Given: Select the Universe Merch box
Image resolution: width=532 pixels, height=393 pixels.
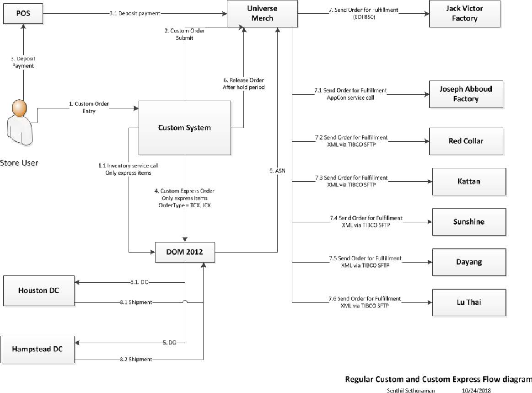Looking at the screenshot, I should pyautogui.click(x=262, y=14).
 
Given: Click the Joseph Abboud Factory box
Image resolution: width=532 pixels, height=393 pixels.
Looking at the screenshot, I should pyautogui.click(x=466, y=94).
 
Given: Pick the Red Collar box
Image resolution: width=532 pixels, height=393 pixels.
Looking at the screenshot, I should pyautogui.click(x=466, y=141).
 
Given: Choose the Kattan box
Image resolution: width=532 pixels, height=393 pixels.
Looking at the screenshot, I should pyautogui.click(x=469, y=182).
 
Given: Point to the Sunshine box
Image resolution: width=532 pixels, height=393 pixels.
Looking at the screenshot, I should pyautogui.click(x=469, y=222).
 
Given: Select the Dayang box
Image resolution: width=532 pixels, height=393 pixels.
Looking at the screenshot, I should pyautogui.click(x=469, y=262).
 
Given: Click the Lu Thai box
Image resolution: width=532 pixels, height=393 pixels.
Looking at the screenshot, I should pyautogui.click(x=469, y=302).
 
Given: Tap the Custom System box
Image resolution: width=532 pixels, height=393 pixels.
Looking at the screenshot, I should pyautogui.click(x=184, y=128).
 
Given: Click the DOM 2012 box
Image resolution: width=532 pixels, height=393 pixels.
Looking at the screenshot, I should pyautogui.click(x=185, y=252).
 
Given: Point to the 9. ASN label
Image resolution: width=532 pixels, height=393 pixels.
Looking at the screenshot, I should pyautogui.click(x=277, y=171).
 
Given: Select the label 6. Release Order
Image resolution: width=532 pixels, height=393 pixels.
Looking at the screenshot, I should pyautogui.click(x=243, y=80).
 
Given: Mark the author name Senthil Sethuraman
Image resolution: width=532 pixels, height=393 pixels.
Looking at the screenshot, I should pyautogui.click(x=411, y=390).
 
